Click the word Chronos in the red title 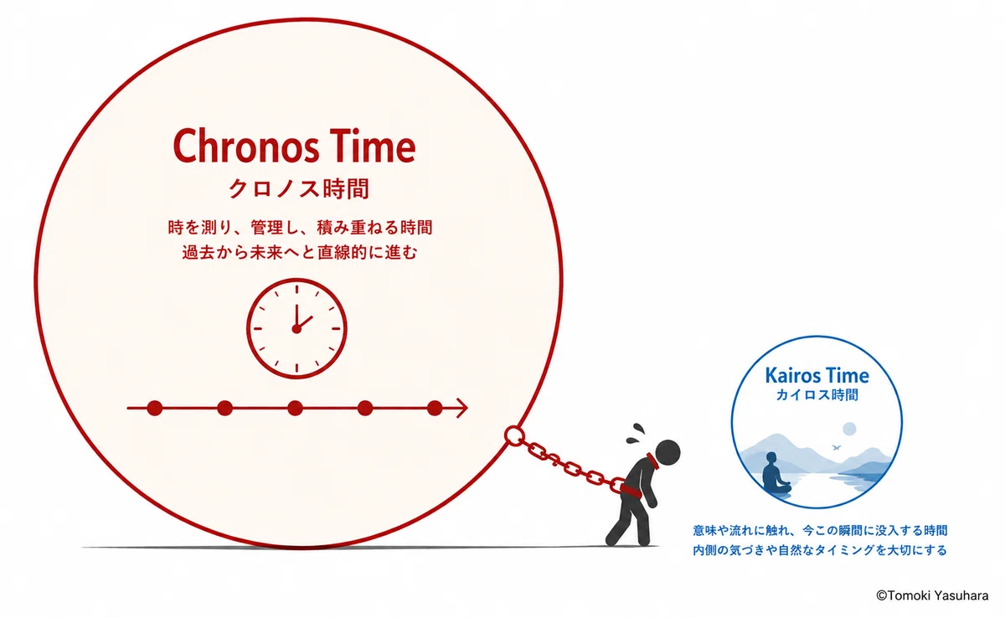[x=246, y=146]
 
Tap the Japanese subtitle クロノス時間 [x=299, y=188]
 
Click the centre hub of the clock [x=296, y=329]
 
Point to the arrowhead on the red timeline [x=462, y=408]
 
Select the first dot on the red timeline [x=154, y=408]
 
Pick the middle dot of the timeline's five [x=295, y=408]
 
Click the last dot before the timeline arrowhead [x=435, y=408]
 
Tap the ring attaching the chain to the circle [x=513, y=435]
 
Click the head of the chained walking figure [x=667, y=452]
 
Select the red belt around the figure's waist [x=631, y=490]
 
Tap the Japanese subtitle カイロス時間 [x=817, y=395]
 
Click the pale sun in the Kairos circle [x=849, y=429]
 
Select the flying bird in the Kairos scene [x=837, y=447]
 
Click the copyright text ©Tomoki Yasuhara [x=932, y=595]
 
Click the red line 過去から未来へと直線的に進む [x=300, y=253]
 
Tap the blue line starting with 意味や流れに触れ [x=820, y=531]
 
